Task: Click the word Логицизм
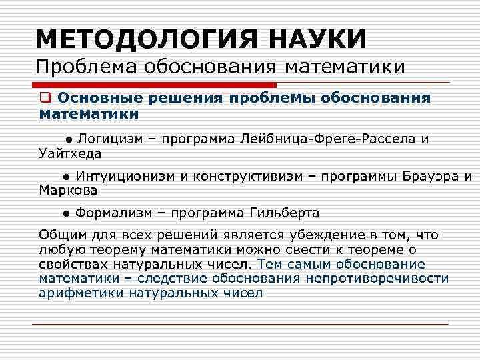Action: tap(107, 139)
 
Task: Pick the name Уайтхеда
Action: tap(70, 154)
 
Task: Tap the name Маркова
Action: tap(68, 191)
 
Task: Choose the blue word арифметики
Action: tap(82, 293)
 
